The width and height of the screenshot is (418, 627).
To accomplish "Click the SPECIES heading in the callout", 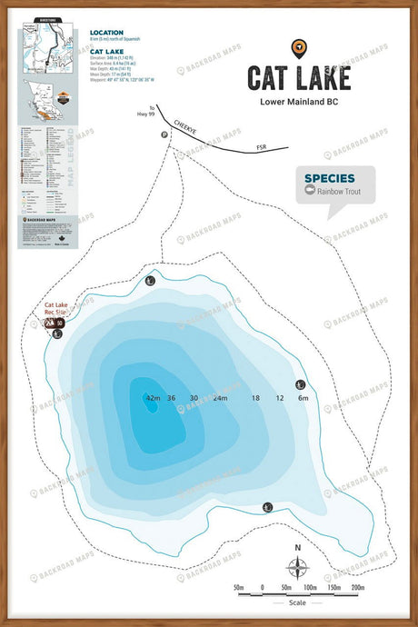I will pos(328,178).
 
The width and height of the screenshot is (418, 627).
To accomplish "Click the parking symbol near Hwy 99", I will pos(164,134).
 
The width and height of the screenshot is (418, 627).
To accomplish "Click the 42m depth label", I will pos(152,399).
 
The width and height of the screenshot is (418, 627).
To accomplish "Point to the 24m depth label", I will pos(220,399).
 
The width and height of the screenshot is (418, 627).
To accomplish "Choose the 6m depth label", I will pos(304,399).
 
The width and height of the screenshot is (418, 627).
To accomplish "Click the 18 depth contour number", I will pos(255,399).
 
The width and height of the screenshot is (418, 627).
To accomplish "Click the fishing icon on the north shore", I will pos(150,281).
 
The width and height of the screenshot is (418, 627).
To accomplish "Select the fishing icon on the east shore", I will pos(301,384).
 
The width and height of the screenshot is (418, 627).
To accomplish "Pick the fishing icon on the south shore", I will pos(267,507).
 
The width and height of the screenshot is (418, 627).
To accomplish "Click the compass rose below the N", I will pos(297,569).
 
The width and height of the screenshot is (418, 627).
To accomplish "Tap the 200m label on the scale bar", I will pos(357,588).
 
